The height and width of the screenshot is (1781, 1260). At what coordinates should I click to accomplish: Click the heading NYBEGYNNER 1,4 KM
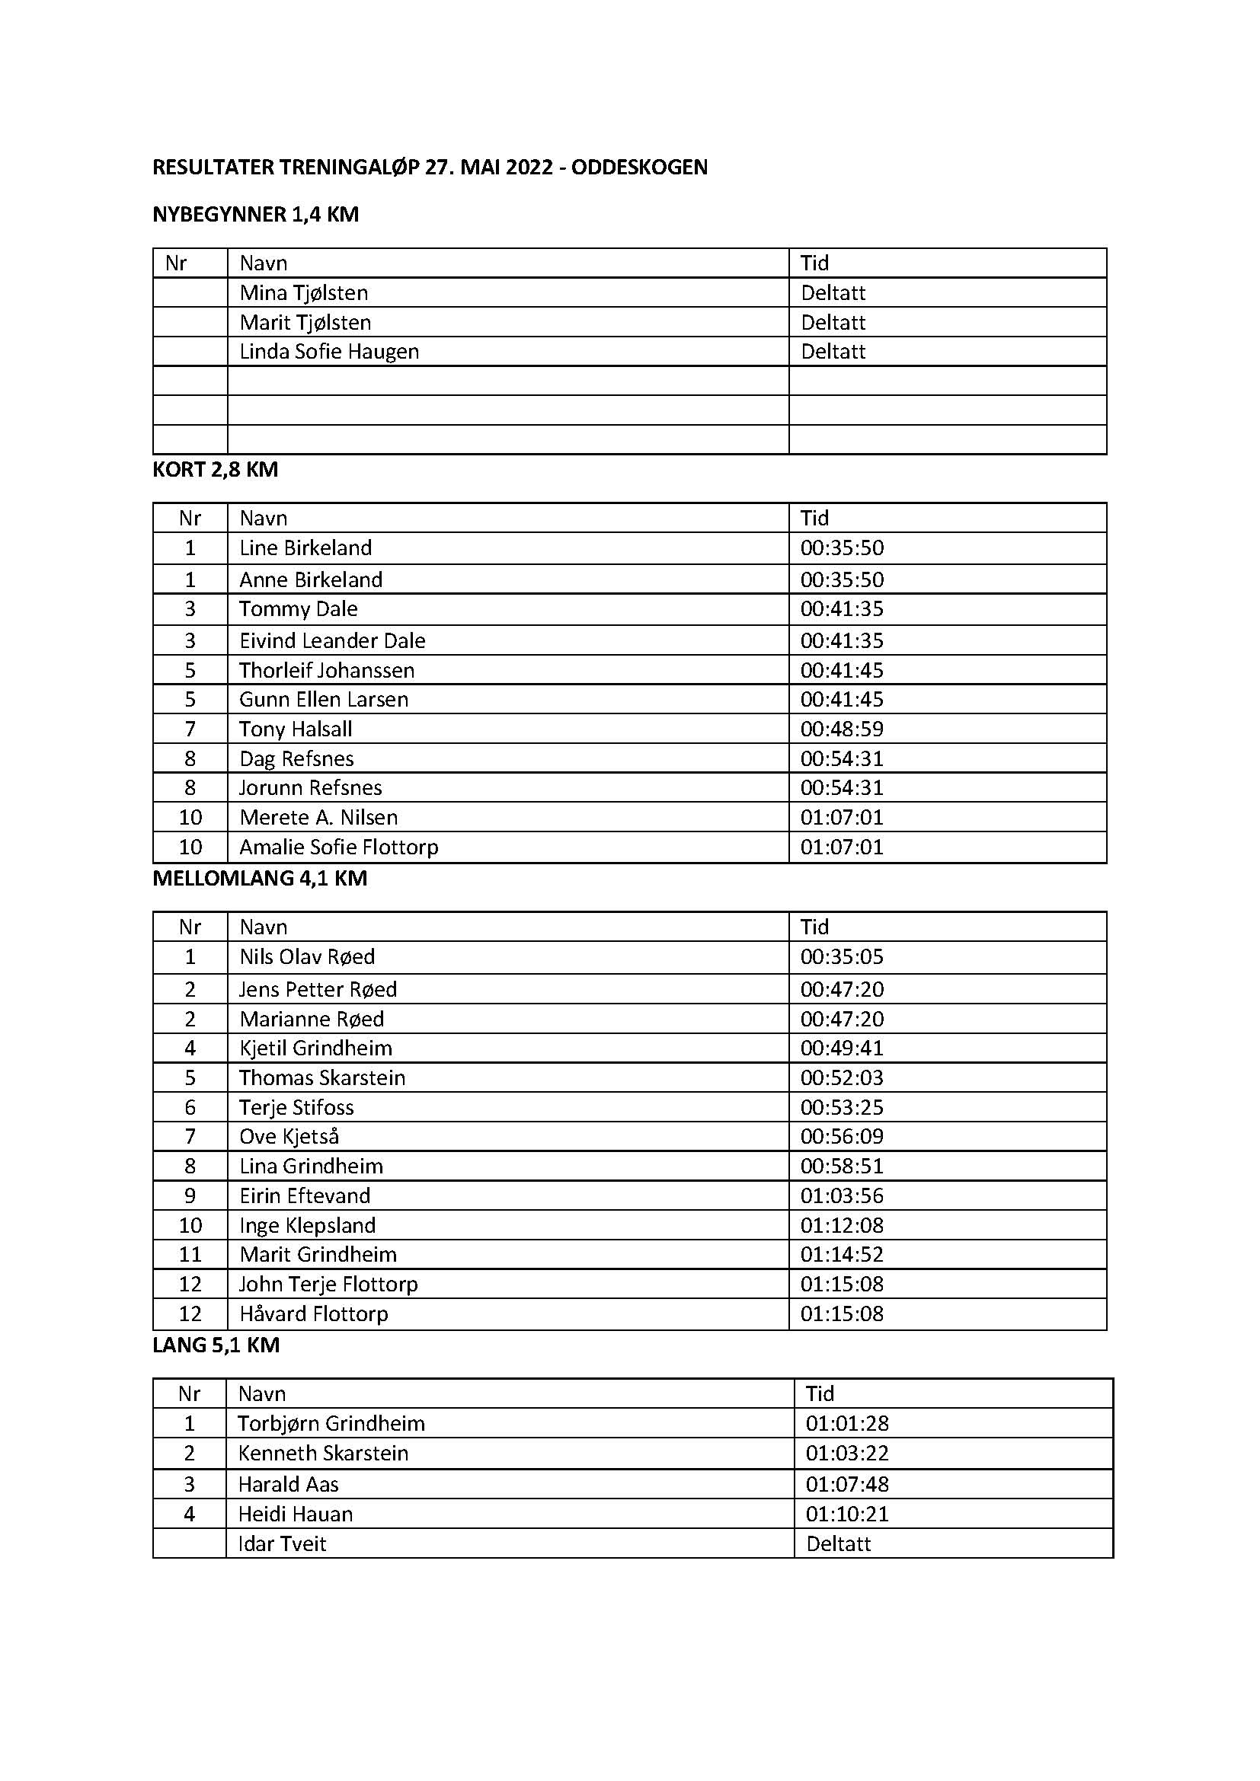tap(255, 214)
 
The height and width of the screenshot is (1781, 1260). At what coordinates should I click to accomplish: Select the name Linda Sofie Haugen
tap(329, 351)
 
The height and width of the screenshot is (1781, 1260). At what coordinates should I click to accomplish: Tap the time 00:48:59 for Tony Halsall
tap(842, 729)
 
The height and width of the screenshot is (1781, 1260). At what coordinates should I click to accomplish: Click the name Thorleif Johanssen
tap(327, 669)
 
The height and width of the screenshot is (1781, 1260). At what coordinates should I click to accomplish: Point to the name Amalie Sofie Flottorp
tap(339, 846)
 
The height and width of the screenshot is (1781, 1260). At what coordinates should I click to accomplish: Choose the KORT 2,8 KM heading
tap(215, 469)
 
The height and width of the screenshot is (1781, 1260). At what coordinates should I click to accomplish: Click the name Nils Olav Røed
tap(307, 956)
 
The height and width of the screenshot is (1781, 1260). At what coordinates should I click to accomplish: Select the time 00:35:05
tap(842, 956)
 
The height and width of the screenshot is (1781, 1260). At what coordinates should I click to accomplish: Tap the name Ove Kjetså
tap(289, 1136)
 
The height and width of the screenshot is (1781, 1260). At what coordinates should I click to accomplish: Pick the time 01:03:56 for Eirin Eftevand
tap(842, 1195)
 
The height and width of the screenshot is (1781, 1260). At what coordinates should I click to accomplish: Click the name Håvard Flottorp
tap(313, 1313)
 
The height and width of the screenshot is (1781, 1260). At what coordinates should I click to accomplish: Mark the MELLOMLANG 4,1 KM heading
tap(260, 878)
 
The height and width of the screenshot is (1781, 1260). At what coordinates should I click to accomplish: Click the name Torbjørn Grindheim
tap(331, 1423)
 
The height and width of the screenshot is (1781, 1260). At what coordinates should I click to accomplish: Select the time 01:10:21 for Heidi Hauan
tap(847, 1514)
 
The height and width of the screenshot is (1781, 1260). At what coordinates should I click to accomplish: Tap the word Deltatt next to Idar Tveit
tap(839, 1543)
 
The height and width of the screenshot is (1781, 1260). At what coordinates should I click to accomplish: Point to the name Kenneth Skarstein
tap(323, 1453)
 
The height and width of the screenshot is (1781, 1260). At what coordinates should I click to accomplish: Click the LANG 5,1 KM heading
tap(216, 1344)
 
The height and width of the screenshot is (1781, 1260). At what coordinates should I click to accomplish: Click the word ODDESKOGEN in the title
tap(639, 167)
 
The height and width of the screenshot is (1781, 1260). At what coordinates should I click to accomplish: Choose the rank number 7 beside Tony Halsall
tap(190, 729)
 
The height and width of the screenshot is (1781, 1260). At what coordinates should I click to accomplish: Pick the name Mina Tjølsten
tap(304, 292)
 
